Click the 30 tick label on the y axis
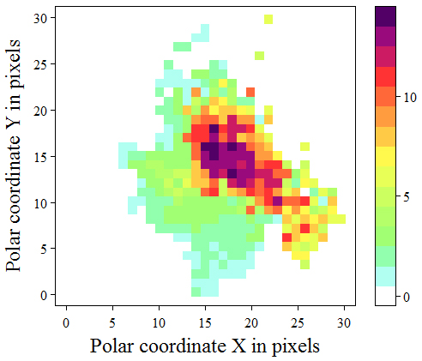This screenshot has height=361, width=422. pos(41,18)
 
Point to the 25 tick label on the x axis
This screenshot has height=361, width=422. pos(298,323)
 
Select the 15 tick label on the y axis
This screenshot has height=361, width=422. pos(41,157)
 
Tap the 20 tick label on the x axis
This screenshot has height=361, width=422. pos(251,323)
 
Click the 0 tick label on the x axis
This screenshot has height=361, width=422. pos(66,323)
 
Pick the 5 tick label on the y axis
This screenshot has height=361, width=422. pos(44,249)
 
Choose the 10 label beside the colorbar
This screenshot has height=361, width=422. pos(410,98)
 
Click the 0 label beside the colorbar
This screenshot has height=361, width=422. pos(407,298)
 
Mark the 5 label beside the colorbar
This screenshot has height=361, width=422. pos(407,197)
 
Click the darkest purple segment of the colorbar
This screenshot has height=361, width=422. pos(385,16)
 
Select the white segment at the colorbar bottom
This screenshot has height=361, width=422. pos(385,296)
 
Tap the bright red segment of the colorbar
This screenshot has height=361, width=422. pos(385,76)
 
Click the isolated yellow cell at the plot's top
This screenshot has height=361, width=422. pos(268,19)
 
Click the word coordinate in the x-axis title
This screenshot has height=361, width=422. pos(182,346)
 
